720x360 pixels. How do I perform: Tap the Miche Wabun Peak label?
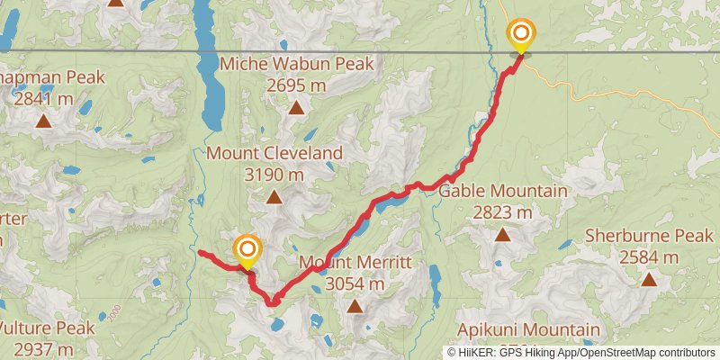pyautogui.click(x=296, y=64)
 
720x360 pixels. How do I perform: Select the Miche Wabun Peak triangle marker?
pyautogui.click(x=296, y=109)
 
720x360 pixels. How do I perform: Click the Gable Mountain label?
pyautogui.click(x=503, y=191)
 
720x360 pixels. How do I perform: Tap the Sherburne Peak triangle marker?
pyautogui.click(x=648, y=280)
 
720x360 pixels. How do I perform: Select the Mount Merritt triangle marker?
pyautogui.click(x=355, y=307)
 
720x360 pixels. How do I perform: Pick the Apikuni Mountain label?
pyautogui.click(x=528, y=329)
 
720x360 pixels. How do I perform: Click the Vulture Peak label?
pyautogui.click(x=49, y=327)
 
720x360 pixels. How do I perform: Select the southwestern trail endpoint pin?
pyautogui.click(x=246, y=251)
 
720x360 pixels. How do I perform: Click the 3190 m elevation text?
pyautogui.click(x=274, y=175)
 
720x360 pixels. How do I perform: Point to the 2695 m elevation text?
pyautogui.click(x=296, y=85)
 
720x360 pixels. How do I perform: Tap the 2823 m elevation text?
pyautogui.click(x=503, y=212)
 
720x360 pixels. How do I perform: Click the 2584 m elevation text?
pyautogui.click(x=648, y=257)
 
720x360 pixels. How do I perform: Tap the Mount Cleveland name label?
pyautogui.click(x=274, y=153)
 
